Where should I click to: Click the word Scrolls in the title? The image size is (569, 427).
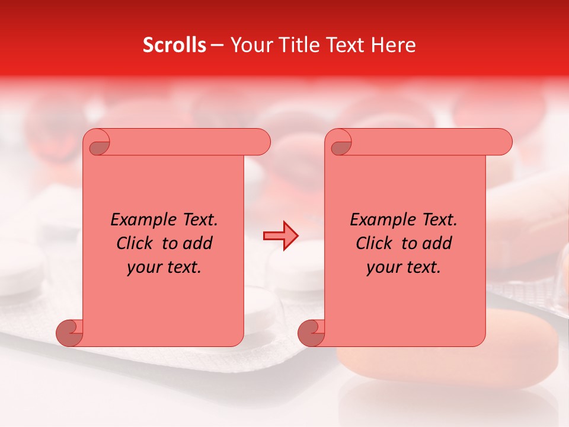point(174,45)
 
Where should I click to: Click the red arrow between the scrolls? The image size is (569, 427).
point(280,236)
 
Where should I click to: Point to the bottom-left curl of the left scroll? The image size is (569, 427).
point(69,333)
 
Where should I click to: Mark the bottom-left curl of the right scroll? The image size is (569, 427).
point(311,333)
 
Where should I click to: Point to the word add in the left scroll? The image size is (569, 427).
point(197,244)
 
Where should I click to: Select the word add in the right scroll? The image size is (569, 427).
point(437,244)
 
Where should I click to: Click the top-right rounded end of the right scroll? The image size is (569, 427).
point(501,142)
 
